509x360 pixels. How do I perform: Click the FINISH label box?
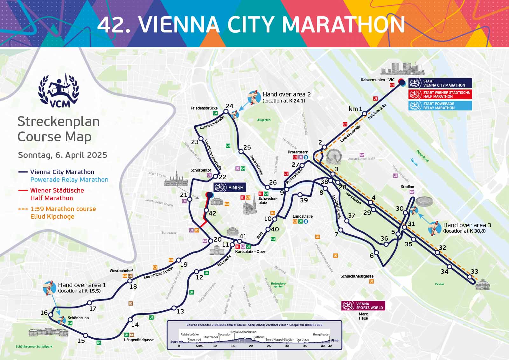point(230,187)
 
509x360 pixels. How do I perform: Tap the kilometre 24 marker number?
point(229,106)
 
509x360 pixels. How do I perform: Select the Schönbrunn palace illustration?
point(48,332)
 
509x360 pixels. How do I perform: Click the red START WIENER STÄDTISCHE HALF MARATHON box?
point(440,94)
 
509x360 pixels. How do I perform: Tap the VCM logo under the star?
point(59,90)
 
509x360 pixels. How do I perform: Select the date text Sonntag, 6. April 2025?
point(62,155)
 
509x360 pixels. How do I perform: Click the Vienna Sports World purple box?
point(363,306)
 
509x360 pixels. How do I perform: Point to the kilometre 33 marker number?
point(474,272)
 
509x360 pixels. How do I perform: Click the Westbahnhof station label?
point(121,271)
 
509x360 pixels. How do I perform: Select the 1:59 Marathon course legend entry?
point(63,213)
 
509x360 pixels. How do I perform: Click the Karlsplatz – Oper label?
point(250,251)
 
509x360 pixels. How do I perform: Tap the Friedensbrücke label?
point(204,108)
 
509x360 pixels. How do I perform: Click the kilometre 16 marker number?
point(44,313)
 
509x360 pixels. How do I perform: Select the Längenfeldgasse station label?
point(139,340)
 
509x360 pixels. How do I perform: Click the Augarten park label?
point(264,120)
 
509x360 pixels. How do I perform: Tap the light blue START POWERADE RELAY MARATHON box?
point(440,106)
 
